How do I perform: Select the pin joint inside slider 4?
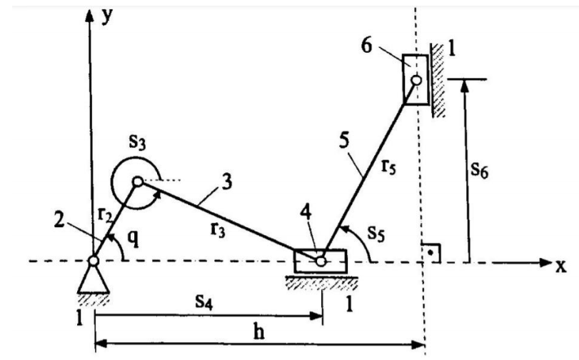(321, 261)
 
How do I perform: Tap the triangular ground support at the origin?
(93, 280)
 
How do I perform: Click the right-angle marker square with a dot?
(430, 252)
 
